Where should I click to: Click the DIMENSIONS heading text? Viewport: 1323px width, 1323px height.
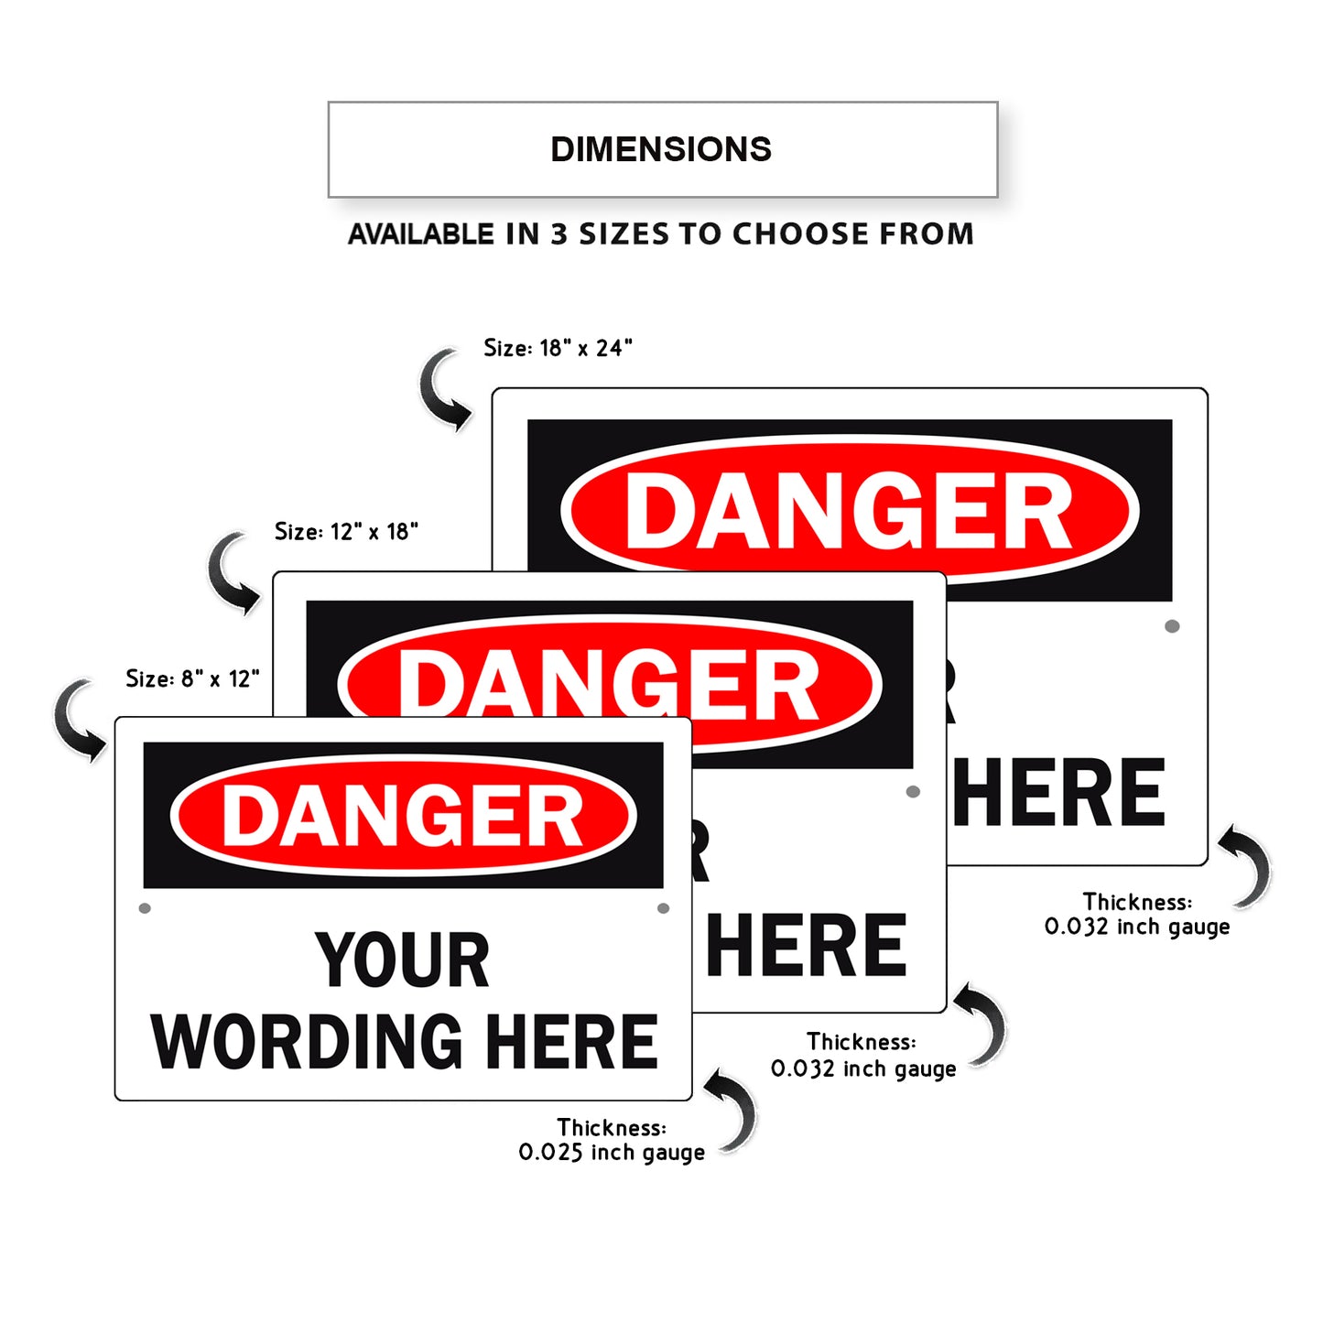[x=661, y=149]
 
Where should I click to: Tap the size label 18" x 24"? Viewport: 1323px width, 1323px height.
[x=558, y=348]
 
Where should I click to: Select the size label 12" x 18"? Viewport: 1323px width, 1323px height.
[x=346, y=532]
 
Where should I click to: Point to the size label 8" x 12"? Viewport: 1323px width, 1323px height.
[x=192, y=678]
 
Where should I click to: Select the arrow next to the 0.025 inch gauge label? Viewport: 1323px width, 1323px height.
[x=734, y=1110]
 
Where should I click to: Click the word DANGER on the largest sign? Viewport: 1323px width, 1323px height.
[x=849, y=512]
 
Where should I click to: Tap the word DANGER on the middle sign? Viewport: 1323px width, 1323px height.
[x=609, y=684]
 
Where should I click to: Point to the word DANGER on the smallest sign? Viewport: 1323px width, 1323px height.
[x=403, y=816]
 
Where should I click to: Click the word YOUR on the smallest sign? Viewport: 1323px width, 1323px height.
[x=403, y=960]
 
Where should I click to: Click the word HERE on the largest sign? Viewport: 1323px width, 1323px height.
[x=1058, y=793]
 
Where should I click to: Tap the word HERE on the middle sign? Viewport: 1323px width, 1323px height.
[x=807, y=947]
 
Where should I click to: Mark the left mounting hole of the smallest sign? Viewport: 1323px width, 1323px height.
[x=145, y=908]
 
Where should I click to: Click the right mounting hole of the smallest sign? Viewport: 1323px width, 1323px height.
[x=663, y=908]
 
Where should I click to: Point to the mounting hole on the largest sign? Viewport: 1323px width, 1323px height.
[x=1172, y=626]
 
